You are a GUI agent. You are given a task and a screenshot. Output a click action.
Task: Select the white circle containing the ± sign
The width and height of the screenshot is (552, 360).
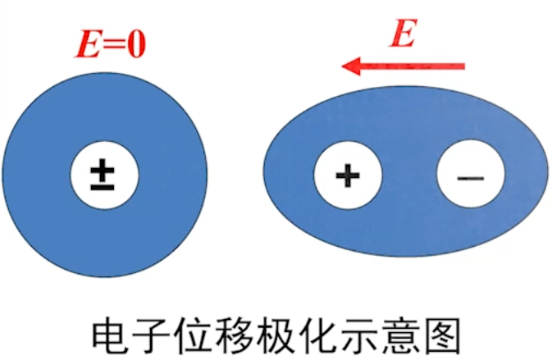click(x=103, y=175)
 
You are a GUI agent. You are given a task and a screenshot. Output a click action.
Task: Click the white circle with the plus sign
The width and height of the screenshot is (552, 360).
click(x=349, y=175)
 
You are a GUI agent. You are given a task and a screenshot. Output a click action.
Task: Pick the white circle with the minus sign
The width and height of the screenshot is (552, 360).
click(x=470, y=175)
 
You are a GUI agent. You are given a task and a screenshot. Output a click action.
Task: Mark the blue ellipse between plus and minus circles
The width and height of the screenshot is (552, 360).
click(x=408, y=175)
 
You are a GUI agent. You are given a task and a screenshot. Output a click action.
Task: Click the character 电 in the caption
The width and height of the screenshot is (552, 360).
click(x=109, y=335)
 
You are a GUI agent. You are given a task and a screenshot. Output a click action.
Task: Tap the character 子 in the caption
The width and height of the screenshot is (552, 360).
click(x=153, y=335)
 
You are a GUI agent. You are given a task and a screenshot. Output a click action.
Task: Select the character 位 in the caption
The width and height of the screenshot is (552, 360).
click(x=197, y=335)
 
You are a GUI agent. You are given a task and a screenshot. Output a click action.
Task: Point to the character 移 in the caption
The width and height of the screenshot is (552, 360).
click(x=241, y=335)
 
